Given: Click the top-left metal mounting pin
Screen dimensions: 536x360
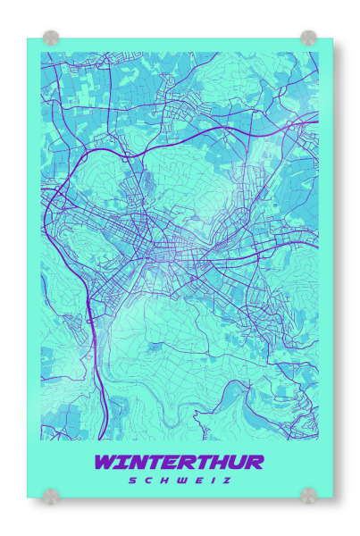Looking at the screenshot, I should [51, 38].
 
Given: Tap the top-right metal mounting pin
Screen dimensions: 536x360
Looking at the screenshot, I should [308, 38].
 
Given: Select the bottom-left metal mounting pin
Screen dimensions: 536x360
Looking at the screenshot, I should [51, 495].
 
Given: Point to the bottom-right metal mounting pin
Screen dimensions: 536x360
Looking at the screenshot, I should [308, 495].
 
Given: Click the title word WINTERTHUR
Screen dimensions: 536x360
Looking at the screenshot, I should [179, 462].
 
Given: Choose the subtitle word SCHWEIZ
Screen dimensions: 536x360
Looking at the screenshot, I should [179, 481].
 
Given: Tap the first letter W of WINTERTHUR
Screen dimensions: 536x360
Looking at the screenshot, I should [106, 462].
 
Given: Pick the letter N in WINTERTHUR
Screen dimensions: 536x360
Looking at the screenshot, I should [137, 462].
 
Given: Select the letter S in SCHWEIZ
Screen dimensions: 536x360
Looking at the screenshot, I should [131, 481].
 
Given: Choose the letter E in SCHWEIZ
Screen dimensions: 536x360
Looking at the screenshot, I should [197, 481].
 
